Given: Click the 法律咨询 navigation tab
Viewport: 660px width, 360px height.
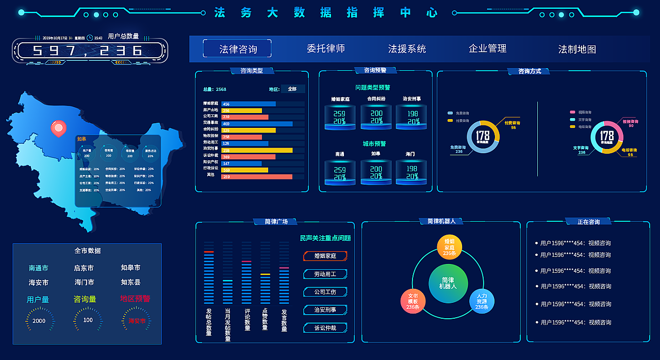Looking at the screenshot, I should pos(237,48).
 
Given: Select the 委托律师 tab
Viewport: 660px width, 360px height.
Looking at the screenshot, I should pos(326,48).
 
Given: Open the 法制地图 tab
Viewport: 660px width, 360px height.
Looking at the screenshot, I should pos(577,49).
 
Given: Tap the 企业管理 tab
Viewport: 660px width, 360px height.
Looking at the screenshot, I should pos(487,48).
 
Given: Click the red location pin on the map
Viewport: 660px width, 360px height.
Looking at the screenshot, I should pos(58,127).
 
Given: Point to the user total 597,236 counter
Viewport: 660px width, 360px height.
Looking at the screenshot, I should pos(88,51).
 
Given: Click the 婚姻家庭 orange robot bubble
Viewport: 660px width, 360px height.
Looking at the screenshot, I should pos(449,247).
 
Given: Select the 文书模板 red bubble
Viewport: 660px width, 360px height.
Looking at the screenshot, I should pos(413,301).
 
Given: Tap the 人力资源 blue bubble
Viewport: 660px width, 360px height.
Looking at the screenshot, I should pos(482,301).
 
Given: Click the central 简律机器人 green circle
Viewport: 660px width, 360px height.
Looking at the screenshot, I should pos(448,283).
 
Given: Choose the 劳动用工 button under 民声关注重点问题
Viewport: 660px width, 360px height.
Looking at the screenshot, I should pos(325,274).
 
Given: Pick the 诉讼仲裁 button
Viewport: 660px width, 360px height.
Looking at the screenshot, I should pos(325,328).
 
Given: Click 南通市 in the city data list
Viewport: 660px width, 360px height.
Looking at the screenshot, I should pos(39,268).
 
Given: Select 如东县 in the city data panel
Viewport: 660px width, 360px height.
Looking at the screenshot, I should pos(130,282).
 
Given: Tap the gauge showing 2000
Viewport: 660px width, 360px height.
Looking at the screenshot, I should pos(39,320).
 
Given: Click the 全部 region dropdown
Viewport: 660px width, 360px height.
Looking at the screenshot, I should pos(292,89).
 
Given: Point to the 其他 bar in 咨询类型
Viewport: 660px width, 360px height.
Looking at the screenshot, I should pos(256,176).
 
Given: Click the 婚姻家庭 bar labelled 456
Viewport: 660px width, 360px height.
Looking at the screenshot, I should pos(249,104).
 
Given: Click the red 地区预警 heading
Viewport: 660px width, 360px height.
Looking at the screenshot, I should pos(135,299).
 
